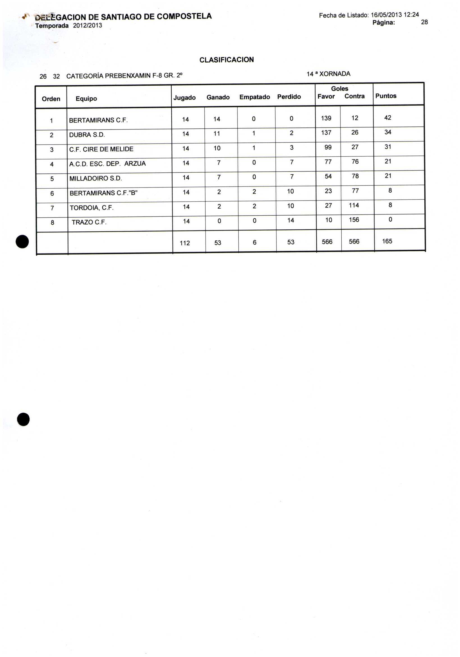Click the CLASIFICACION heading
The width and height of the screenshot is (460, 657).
(226, 60)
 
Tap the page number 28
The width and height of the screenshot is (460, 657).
(424, 22)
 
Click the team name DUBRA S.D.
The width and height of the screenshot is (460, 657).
(87, 135)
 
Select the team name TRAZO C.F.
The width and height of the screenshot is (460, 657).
(89, 222)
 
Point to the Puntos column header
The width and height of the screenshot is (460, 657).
(386, 96)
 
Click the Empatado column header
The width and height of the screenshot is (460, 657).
(254, 97)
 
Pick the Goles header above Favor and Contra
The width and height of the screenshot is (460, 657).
(339, 89)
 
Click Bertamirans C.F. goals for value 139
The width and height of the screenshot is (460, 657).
(326, 118)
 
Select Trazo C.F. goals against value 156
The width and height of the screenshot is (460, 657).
(354, 220)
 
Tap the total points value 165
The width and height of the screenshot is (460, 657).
(387, 241)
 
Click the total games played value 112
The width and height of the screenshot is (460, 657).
(185, 243)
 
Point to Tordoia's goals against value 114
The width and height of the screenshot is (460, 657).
(354, 205)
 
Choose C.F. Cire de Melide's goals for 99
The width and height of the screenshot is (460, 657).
(328, 147)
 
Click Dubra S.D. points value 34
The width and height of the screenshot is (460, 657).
(388, 132)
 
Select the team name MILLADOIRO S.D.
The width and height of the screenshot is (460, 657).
(95, 179)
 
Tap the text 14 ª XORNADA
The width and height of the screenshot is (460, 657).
(328, 74)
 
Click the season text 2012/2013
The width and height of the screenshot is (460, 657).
(88, 26)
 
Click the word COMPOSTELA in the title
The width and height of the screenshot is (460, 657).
(184, 16)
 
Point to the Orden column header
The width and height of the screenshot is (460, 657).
(51, 99)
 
